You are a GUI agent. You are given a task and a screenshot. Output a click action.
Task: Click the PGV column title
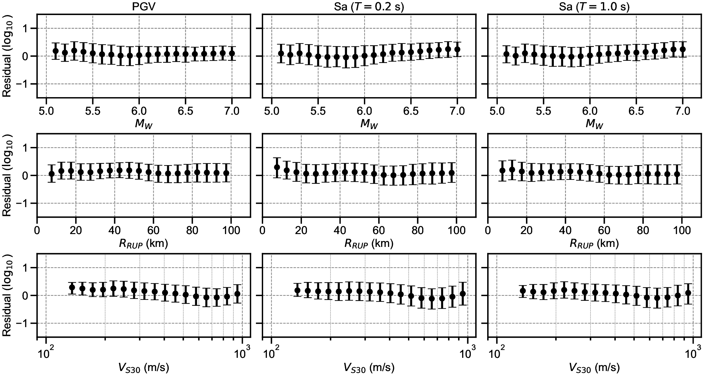(144, 7)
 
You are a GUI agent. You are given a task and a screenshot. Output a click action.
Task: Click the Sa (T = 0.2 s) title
(369, 7)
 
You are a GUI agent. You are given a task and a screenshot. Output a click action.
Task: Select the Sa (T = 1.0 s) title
(594, 7)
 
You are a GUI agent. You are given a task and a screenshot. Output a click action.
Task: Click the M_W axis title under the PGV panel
(144, 124)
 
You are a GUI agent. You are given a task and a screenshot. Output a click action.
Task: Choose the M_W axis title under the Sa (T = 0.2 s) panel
(369, 124)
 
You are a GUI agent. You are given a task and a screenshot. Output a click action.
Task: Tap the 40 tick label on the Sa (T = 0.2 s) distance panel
(340, 231)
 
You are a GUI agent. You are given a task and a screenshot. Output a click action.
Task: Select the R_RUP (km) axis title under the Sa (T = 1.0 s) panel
(594, 243)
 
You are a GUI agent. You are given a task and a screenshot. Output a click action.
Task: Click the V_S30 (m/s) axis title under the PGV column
(144, 367)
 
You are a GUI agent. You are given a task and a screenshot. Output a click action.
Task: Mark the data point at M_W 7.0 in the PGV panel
(232, 53)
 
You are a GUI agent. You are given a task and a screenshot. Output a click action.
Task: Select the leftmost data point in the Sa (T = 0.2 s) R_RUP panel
(277, 167)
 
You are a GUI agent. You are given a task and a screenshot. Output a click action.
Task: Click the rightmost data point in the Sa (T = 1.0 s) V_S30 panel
(688, 293)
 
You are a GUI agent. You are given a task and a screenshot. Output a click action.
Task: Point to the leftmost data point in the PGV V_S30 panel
(72, 287)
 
